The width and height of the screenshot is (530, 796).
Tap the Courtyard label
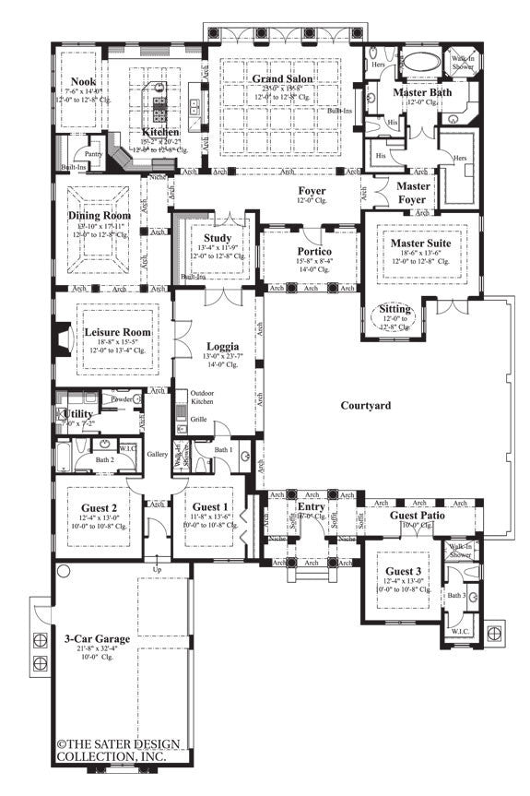coord(365,405)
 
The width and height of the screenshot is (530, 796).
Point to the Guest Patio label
coord(418,515)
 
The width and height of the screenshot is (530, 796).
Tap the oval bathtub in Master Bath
coord(425,64)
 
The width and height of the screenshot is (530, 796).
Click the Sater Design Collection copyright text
coord(112,750)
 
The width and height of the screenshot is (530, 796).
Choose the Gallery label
coord(157,454)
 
